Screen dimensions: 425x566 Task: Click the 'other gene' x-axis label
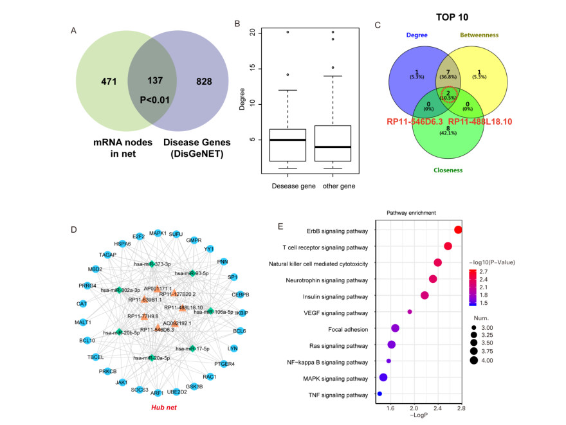(333, 186)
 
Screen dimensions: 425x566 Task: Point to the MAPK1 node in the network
(158, 233)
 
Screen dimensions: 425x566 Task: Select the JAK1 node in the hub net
(121, 383)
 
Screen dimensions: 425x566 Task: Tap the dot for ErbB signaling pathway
(458, 230)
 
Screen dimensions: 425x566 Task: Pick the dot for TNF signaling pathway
(379, 393)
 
